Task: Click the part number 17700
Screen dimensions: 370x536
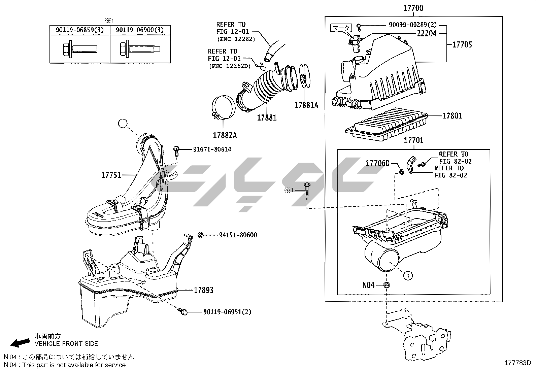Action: pos(413,8)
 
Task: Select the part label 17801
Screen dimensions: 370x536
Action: pos(452,116)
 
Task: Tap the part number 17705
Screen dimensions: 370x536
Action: pos(462,44)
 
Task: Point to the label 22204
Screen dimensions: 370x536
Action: pos(427,33)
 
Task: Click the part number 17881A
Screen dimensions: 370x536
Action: pos(306,105)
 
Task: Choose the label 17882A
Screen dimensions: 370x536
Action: pos(225,135)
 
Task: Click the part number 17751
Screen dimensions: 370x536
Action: pos(111,175)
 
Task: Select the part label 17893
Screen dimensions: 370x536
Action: pos(203,290)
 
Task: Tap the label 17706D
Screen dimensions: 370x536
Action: pos(377,163)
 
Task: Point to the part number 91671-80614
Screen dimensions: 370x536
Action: pos(212,149)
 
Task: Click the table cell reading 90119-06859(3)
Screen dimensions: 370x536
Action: pos(80,30)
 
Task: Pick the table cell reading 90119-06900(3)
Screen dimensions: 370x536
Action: pos(140,30)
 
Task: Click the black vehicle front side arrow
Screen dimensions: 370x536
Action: pos(20,343)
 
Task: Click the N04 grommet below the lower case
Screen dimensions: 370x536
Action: pos(387,285)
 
